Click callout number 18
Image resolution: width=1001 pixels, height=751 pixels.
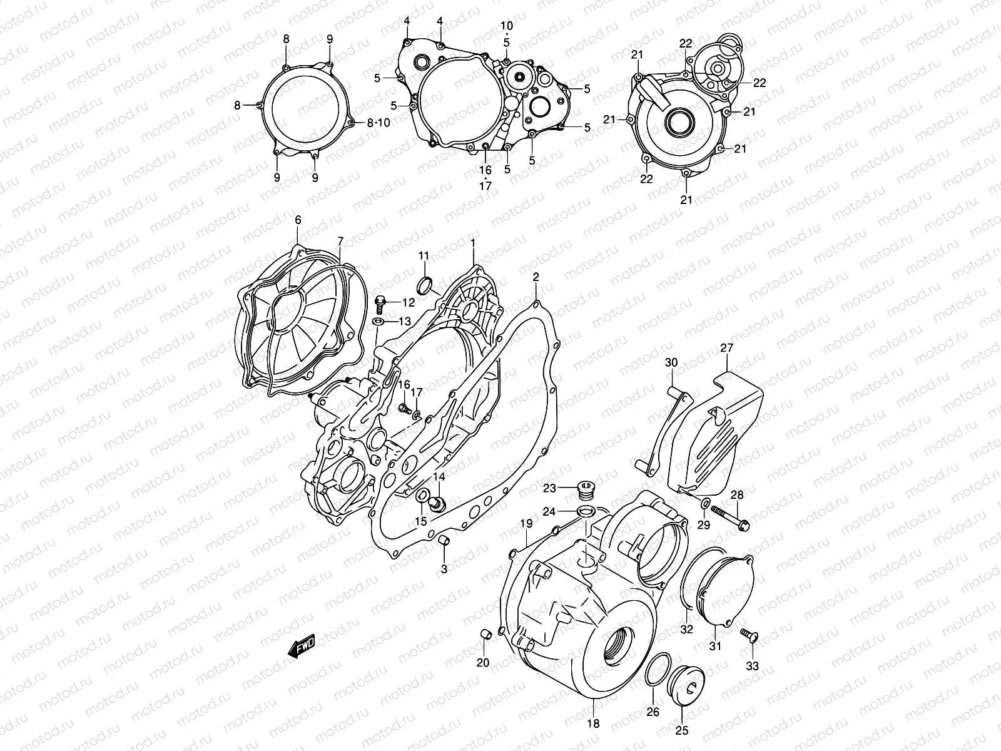point(593,723)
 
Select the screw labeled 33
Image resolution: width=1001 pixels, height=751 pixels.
point(748,636)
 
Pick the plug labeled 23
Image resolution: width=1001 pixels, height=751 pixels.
point(587,488)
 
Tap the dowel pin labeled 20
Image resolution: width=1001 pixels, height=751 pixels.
point(483,636)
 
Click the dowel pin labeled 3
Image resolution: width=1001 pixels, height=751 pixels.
point(444,541)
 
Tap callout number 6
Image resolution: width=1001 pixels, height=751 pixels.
point(298,220)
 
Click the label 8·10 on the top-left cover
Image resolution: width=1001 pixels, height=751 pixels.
point(378,123)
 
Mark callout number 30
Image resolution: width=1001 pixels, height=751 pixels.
point(671,362)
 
